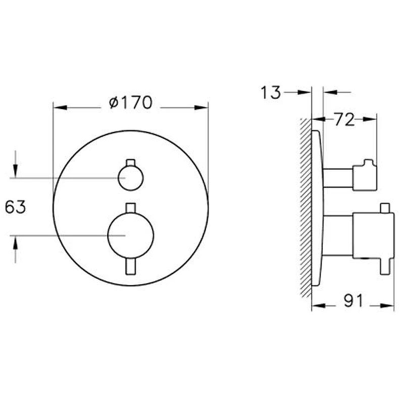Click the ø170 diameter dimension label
(x=131, y=103)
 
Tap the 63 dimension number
(x=16, y=207)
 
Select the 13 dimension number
(x=270, y=92)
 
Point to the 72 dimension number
(x=345, y=120)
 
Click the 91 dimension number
(x=353, y=300)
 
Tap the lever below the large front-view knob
(x=131, y=267)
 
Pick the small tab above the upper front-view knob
(x=131, y=163)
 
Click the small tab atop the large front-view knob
(x=131, y=208)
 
